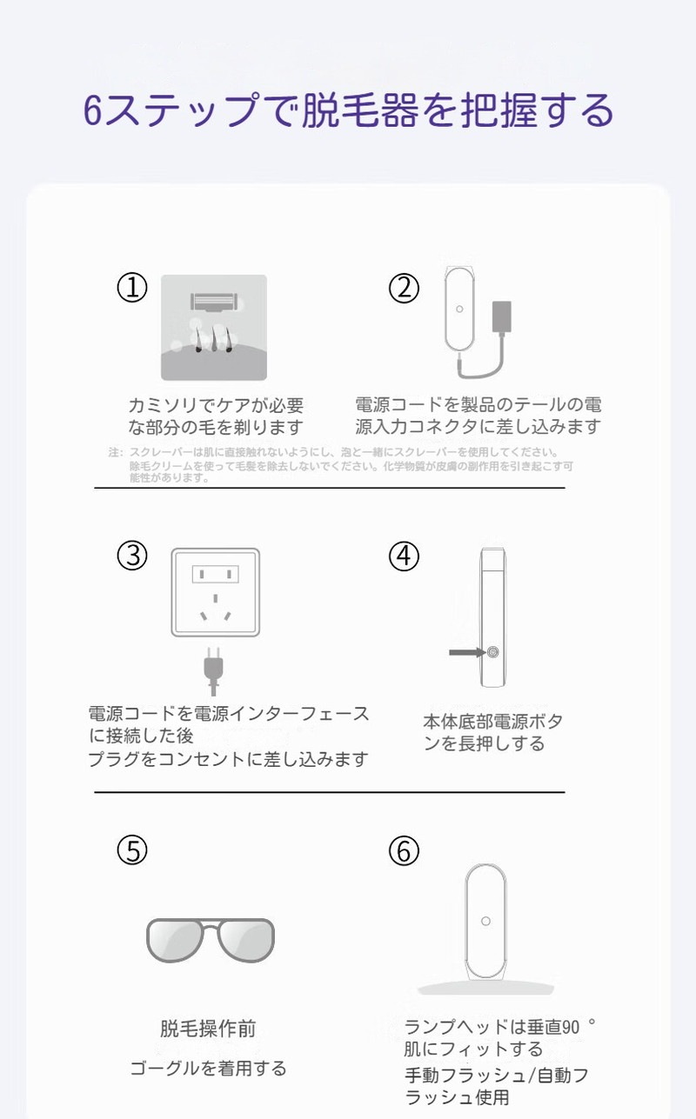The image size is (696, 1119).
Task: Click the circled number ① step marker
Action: pos(132,288)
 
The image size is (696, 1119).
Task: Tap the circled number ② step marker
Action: pos(404,288)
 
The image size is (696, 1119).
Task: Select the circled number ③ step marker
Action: pos(132,556)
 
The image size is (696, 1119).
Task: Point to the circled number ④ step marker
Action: pos(404,556)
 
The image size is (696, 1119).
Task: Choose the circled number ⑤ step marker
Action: pos(132,851)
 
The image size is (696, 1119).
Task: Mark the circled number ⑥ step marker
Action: pos(404,851)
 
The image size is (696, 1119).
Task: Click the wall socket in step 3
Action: pos(215,592)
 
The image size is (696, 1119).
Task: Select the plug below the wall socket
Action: pos(211,667)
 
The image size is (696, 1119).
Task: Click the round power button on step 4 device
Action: pos(492,652)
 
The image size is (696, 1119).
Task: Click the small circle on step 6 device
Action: pos(485,921)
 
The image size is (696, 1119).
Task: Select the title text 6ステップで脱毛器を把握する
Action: pos(348,110)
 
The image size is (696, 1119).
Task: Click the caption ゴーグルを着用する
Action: pos(208,1068)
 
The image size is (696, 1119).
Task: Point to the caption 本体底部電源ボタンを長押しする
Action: pos(492,732)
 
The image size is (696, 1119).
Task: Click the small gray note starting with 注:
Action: pos(340,465)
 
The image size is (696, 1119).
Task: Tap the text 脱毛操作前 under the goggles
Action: pos(208,1029)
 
